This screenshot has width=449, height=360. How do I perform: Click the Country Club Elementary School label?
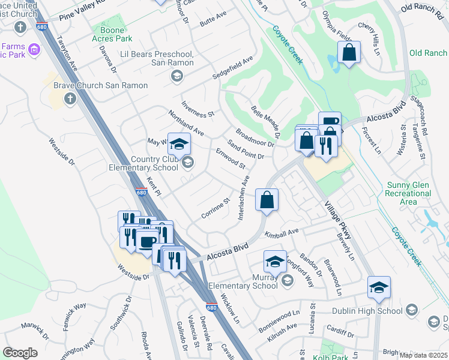click(143, 163)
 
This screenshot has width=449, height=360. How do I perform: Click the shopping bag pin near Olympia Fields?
click(348, 52)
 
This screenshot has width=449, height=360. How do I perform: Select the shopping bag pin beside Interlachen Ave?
click(267, 200)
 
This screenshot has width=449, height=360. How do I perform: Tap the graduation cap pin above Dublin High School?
click(379, 287)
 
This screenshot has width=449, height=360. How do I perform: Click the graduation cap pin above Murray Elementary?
click(275, 262)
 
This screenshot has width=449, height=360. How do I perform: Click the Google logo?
click(20, 353)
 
